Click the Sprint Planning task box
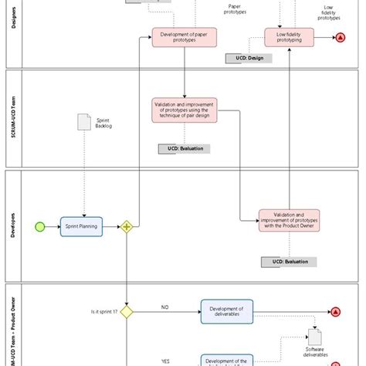81,226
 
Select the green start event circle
40,226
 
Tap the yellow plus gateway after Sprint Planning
127,226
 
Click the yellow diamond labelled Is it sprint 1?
127,311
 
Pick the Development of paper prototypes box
184,37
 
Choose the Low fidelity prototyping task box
290,37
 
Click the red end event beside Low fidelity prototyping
341,37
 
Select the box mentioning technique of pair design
184,110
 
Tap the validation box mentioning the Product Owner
289,221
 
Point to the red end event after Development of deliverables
335,311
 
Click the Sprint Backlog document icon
84,122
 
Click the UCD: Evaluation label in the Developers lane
289,263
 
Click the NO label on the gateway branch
164,307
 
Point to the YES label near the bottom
165,361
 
